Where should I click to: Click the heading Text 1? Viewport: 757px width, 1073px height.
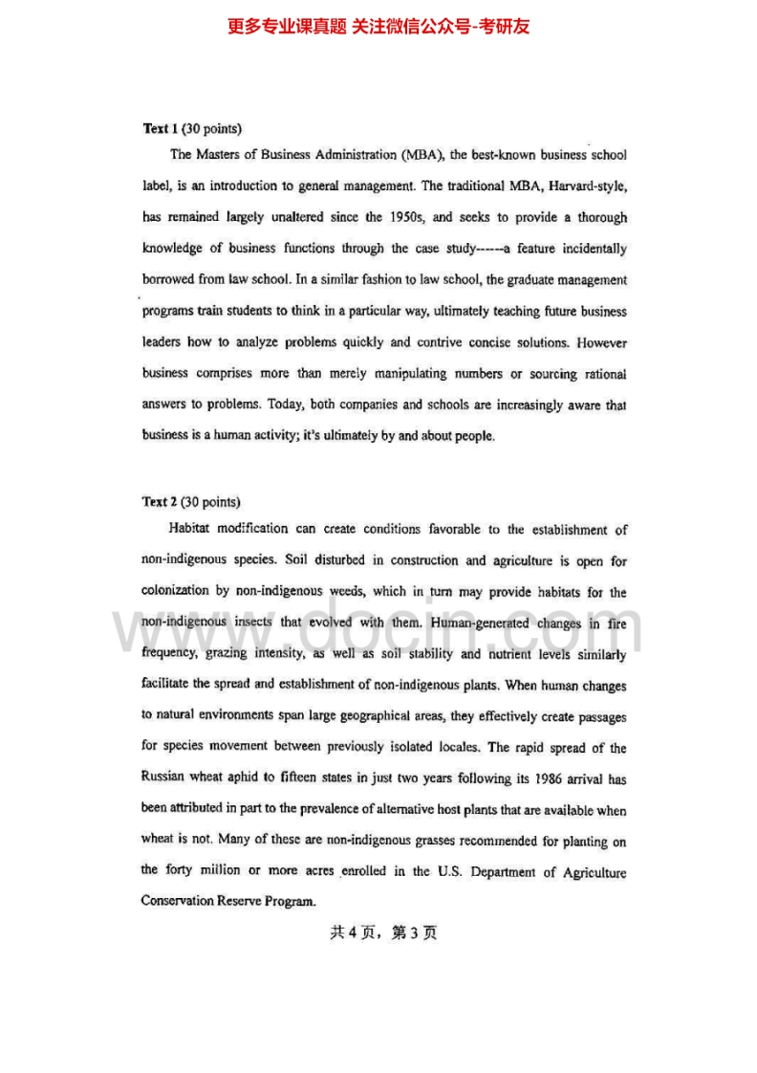coord(157,128)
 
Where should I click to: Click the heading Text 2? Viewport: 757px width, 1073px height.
coord(157,501)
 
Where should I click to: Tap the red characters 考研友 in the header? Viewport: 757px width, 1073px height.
coord(508,26)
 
